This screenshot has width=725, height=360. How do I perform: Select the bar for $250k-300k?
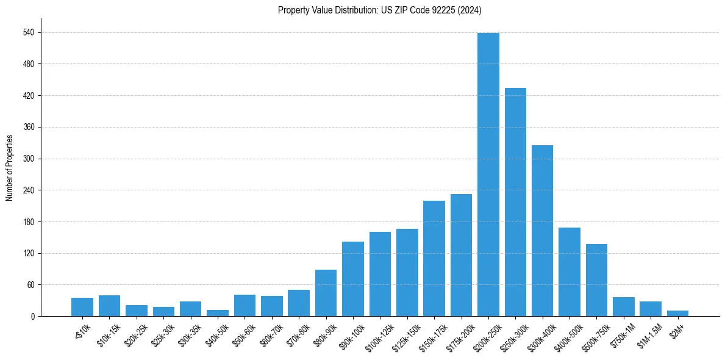(x=515, y=202)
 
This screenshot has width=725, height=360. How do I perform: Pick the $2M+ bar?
(x=677, y=313)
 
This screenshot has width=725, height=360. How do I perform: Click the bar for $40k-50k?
(x=218, y=313)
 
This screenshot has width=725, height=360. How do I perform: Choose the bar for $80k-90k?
(x=326, y=293)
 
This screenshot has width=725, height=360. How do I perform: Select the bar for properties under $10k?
(x=82, y=307)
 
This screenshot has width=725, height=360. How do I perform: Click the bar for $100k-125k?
(x=380, y=274)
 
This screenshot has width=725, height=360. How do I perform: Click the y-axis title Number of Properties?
(x=9, y=168)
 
